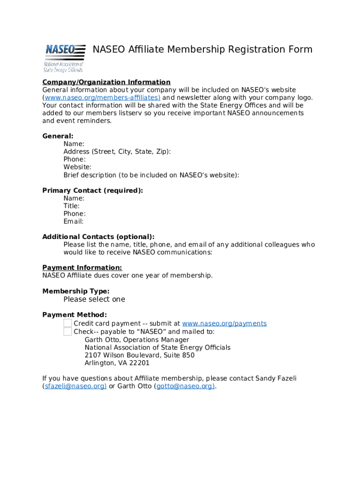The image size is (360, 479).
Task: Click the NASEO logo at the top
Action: click(x=65, y=58)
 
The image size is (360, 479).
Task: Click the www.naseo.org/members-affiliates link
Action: click(x=102, y=98)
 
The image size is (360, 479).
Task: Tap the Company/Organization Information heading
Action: click(x=106, y=82)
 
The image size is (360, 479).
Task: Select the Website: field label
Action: click(x=78, y=167)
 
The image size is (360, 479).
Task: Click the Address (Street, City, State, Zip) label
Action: click(x=117, y=152)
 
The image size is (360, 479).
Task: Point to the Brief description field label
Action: click(x=151, y=175)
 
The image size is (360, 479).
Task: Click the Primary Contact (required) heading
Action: click(x=93, y=190)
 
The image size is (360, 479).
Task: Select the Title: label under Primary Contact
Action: click(x=72, y=206)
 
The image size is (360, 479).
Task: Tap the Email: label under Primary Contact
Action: click(x=73, y=221)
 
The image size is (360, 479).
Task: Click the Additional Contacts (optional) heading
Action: click(x=98, y=237)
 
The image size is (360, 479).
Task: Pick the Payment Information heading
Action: click(x=82, y=268)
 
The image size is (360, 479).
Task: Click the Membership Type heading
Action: click(x=76, y=291)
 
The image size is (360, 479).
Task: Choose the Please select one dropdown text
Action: click(x=94, y=299)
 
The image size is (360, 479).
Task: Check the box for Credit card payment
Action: click(x=68, y=323)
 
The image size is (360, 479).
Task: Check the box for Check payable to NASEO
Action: click(x=68, y=332)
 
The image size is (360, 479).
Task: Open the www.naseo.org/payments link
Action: click(x=224, y=324)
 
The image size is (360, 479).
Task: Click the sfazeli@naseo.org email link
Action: click(x=75, y=386)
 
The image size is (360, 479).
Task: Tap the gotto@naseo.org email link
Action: click(x=185, y=386)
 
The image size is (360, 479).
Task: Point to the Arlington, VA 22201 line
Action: click(x=117, y=363)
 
